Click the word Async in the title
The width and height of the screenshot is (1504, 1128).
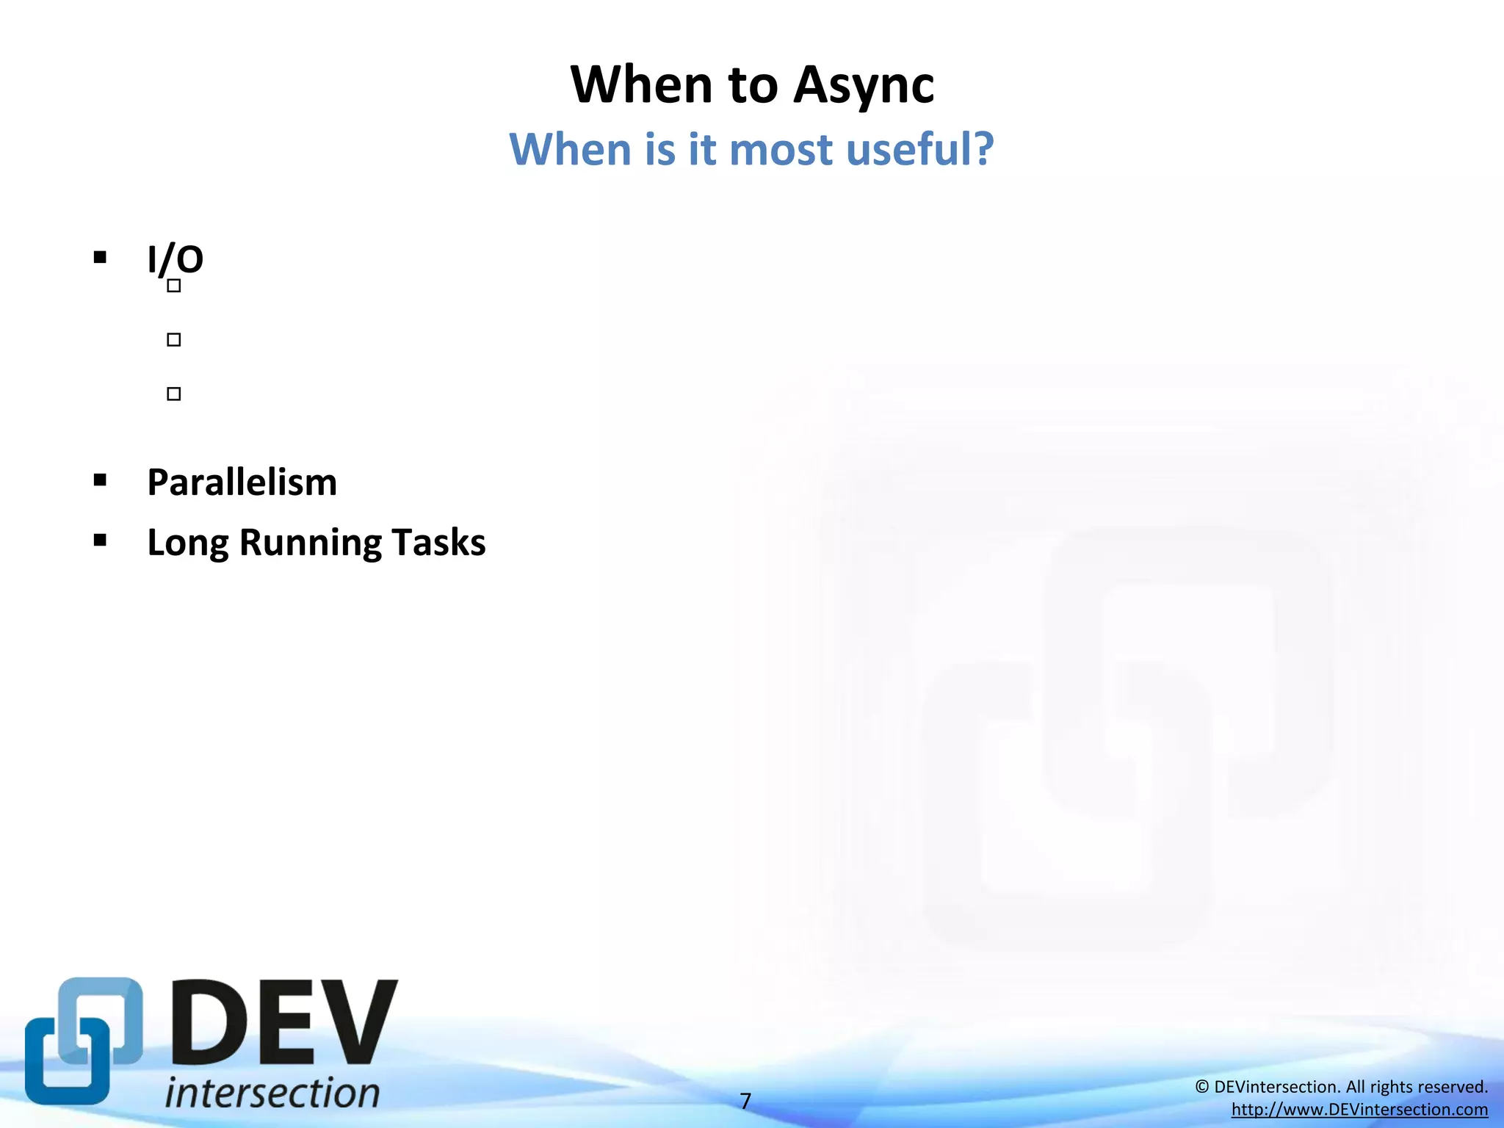[x=864, y=85]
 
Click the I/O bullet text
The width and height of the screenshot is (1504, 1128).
[x=175, y=259]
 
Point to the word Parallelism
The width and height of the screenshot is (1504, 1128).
[x=242, y=482]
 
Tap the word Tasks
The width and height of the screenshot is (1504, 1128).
[x=438, y=543]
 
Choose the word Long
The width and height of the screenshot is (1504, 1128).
[x=187, y=543]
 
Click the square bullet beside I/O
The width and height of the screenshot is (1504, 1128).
[x=101, y=257]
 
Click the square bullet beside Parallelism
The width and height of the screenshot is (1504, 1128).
[x=101, y=480]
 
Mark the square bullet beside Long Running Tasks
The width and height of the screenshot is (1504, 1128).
[x=101, y=540]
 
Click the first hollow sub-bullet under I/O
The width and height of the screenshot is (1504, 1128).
[x=174, y=286]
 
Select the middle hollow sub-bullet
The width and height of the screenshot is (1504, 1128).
[x=174, y=339]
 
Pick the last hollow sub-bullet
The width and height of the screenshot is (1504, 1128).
[x=174, y=394]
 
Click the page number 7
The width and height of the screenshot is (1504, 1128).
[x=745, y=1101]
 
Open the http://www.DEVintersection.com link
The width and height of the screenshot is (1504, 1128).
[x=1359, y=1110]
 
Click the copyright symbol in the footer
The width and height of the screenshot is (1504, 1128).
[x=1201, y=1087]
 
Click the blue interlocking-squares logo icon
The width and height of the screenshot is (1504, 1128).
[x=83, y=1041]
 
